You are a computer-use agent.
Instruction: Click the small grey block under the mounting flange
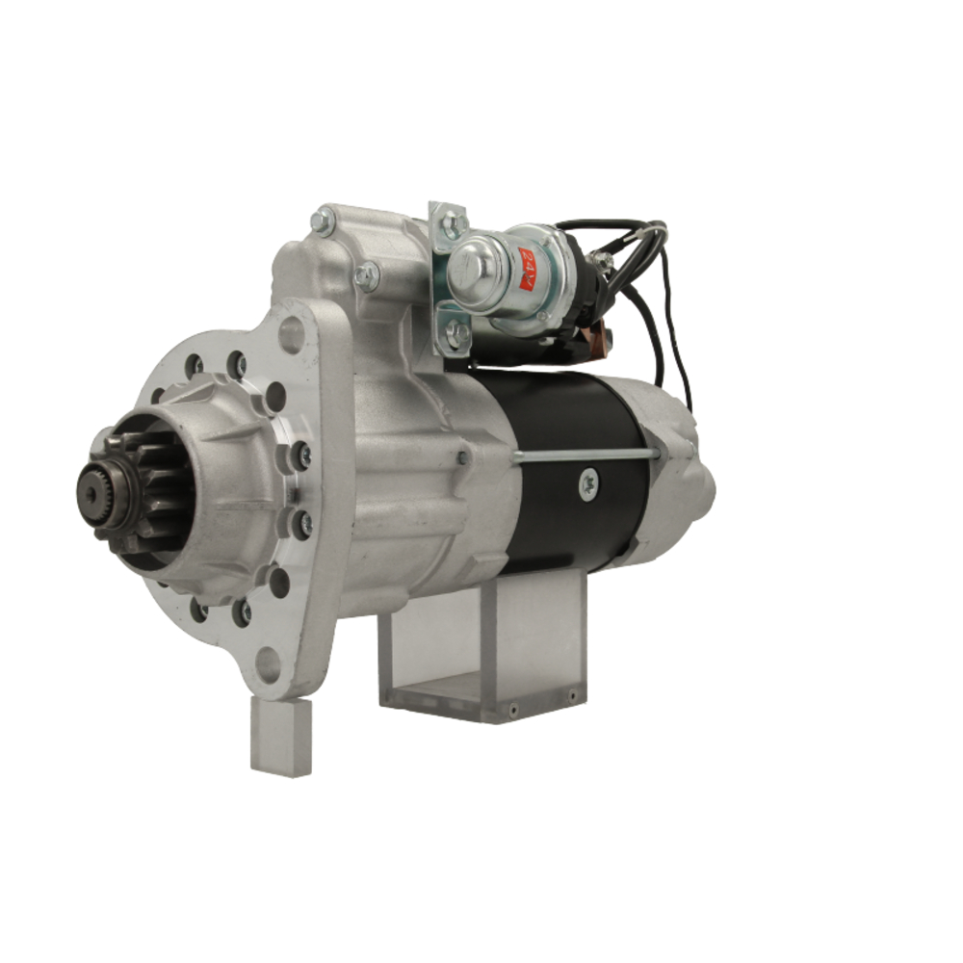(x=280, y=737)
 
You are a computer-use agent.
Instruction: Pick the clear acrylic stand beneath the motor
(x=481, y=655)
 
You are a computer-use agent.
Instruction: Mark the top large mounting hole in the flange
(x=291, y=334)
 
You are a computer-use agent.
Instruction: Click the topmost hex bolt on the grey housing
(x=323, y=222)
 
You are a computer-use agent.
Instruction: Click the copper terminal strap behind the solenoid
(x=595, y=336)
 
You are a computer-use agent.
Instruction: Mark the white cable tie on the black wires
(x=604, y=260)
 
